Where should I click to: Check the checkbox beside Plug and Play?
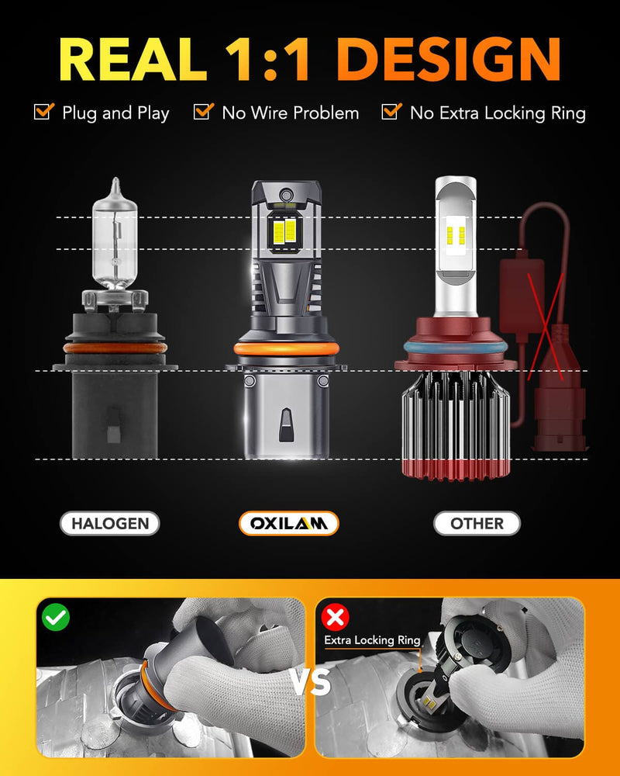(x=43, y=112)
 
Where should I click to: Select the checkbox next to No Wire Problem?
(x=202, y=112)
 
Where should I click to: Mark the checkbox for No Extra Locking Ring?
(x=391, y=112)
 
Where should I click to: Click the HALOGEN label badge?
(x=110, y=524)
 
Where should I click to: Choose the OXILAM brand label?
(x=288, y=524)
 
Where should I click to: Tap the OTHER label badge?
(x=477, y=524)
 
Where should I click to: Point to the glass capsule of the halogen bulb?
(x=115, y=233)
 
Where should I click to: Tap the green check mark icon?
(x=56, y=618)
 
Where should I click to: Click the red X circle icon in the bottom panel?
(x=336, y=618)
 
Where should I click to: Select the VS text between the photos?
(x=310, y=683)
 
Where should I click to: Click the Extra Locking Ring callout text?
(x=372, y=641)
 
